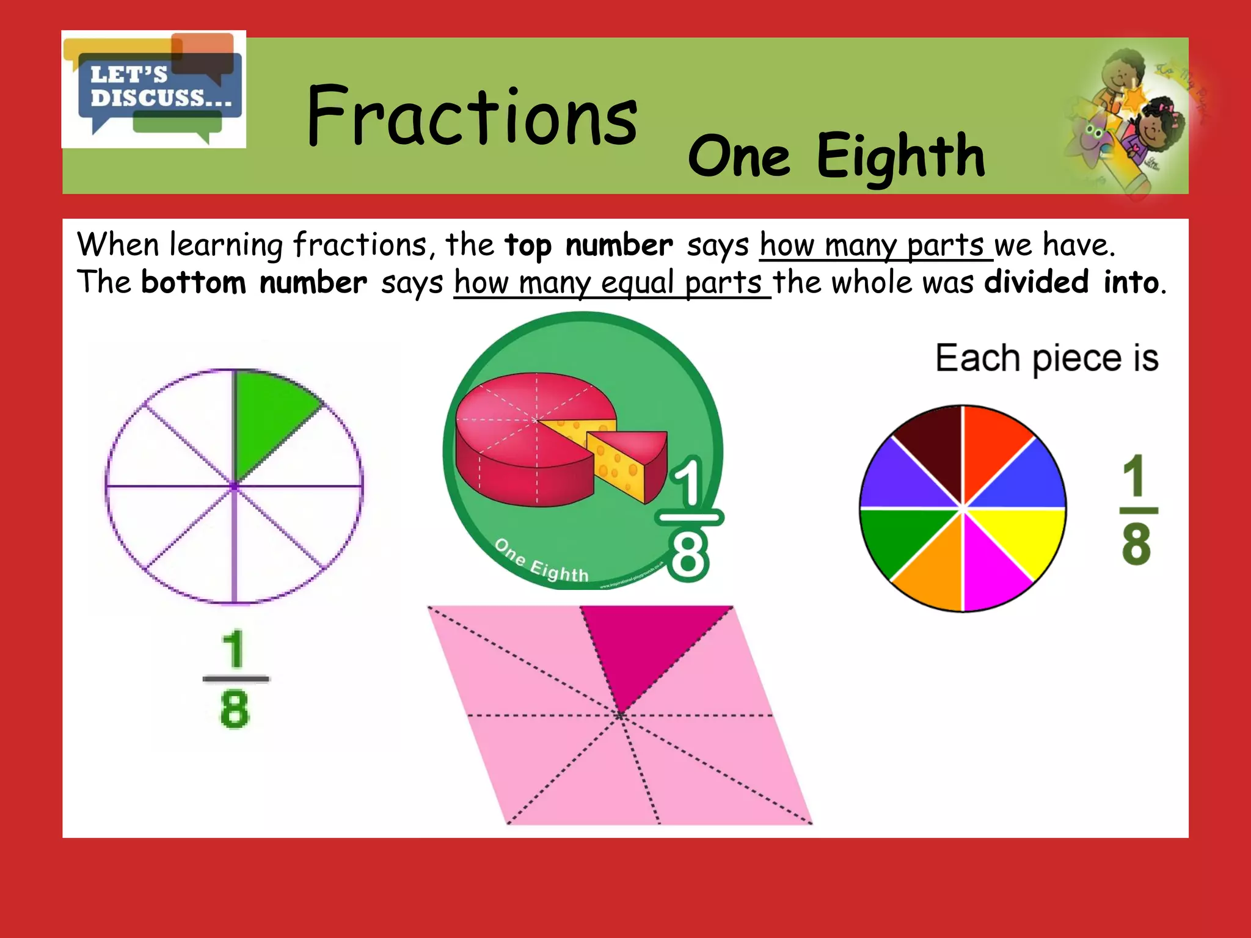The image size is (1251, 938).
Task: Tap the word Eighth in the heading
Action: [x=900, y=156]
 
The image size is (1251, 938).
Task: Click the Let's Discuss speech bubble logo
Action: [x=154, y=89]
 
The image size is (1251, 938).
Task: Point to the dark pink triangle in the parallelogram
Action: [x=647, y=647]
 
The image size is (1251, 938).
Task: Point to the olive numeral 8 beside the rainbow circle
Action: [x=1136, y=544]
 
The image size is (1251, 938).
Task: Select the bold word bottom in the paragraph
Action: [x=194, y=283]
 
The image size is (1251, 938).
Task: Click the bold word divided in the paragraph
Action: [x=1037, y=282]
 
